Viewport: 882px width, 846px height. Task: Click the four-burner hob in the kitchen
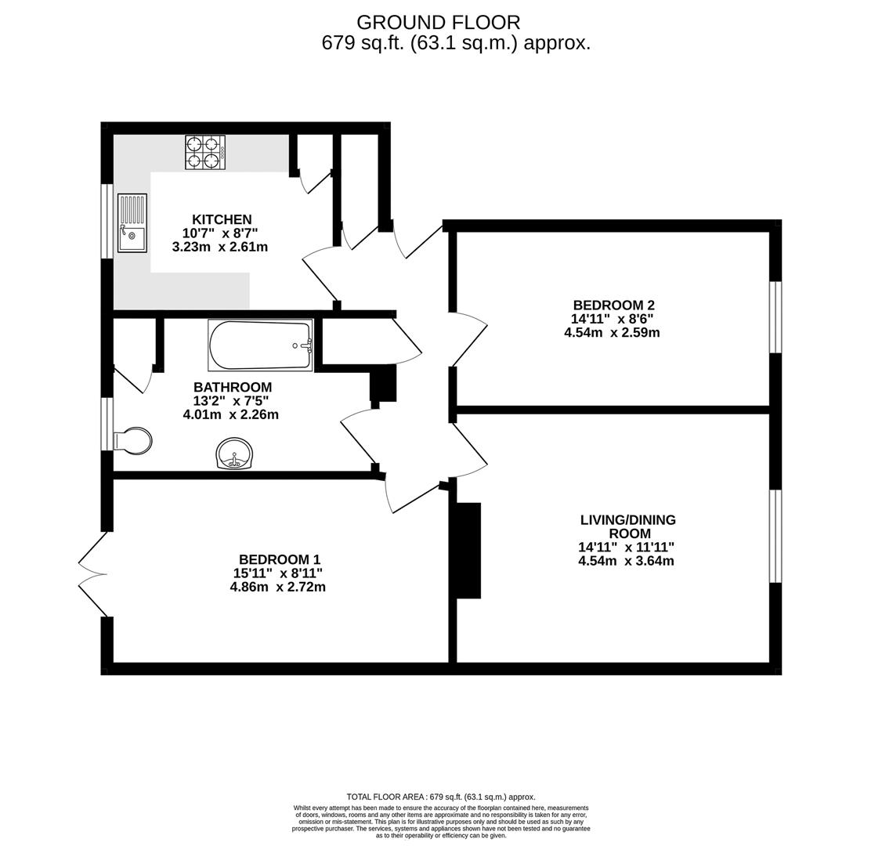(x=205, y=152)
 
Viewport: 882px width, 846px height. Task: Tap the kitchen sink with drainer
(x=132, y=223)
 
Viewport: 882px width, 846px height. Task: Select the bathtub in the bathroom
(x=261, y=345)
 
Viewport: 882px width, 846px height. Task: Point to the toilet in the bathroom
(x=132, y=441)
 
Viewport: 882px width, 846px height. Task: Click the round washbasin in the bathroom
(x=234, y=454)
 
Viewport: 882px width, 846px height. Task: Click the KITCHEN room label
(x=222, y=219)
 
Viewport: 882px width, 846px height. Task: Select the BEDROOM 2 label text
(x=613, y=305)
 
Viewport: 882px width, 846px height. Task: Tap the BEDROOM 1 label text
(x=280, y=559)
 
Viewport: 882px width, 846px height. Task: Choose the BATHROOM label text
(x=233, y=387)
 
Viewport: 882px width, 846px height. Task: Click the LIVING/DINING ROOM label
(x=627, y=526)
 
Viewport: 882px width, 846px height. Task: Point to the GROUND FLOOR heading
(x=438, y=23)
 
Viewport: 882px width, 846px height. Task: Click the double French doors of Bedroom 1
(x=93, y=574)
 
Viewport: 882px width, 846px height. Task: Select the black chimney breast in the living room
(x=468, y=551)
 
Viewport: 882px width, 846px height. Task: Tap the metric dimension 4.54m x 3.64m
(x=626, y=561)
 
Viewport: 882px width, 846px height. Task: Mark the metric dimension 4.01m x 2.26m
(x=231, y=414)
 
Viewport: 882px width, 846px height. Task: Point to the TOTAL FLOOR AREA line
(x=441, y=797)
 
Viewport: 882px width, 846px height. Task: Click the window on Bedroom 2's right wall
(x=775, y=317)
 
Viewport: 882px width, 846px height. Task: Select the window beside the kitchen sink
(x=107, y=221)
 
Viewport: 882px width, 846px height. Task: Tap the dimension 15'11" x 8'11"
(x=277, y=573)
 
